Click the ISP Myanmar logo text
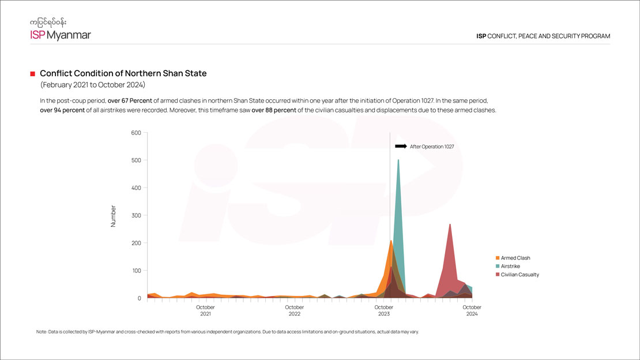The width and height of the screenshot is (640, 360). pos(61,35)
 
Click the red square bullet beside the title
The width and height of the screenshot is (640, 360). pos(33,74)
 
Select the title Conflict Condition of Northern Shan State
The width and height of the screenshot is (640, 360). pos(123,74)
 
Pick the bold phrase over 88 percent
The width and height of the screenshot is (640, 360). pos(273,110)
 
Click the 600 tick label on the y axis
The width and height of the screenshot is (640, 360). pos(136,133)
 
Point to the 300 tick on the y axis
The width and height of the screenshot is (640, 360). pos(136,215)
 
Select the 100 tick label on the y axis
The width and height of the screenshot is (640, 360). pos(136,271)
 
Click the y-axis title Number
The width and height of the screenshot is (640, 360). pos(113,216)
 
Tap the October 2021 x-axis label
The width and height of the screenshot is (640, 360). pos(205,310)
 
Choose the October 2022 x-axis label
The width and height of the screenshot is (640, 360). pos(294,310)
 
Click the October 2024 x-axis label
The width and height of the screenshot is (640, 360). pos(472,310)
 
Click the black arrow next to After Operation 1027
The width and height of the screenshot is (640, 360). pos(401,147)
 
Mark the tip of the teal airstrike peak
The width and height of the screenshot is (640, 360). pos(398,160)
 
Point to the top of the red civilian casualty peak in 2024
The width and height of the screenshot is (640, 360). pos(450,224)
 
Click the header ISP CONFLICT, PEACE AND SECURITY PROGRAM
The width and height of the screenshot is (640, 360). pos(543,36)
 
